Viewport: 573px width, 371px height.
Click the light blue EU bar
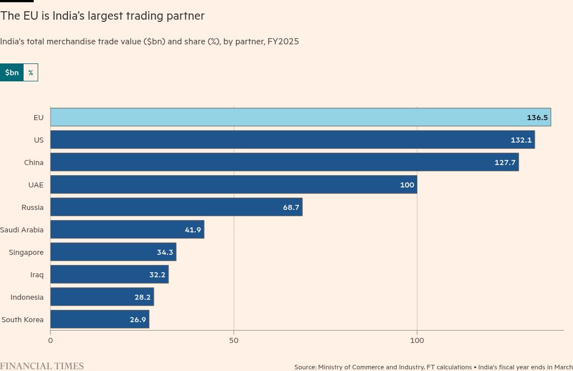[300, 117]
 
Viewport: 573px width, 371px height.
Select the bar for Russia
[176, 207]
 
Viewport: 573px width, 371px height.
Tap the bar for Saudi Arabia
[127, 230]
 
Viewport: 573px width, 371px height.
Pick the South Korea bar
[99, 319]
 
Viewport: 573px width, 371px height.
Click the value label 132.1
[521, 140]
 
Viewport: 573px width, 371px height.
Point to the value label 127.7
[505, 162]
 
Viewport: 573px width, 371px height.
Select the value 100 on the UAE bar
[407, 185]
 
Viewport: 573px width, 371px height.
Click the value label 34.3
[165, 252]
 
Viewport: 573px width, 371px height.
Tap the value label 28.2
[142, 297]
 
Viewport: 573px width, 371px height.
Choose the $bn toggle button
[12, 72]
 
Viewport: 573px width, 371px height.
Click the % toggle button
[30, 72]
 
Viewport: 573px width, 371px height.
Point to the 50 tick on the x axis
[234, 340]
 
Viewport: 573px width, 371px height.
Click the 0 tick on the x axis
[51, 340]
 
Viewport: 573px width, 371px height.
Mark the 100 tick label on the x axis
[417, 340]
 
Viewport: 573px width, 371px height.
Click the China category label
[34, 162]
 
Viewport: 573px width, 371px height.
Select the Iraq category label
[37, 274]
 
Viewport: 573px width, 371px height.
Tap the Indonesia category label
[27, 297]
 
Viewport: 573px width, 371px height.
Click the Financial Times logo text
[42, 366]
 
